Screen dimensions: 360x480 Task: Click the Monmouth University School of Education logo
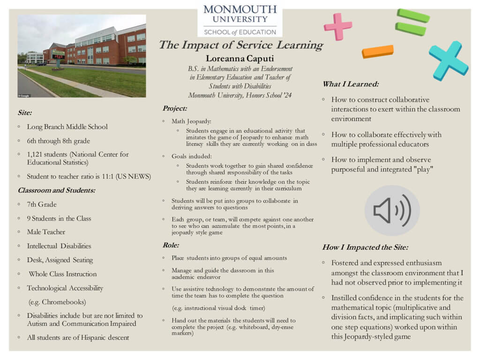click(240, 20)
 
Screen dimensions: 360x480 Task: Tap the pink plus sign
click(337, 26)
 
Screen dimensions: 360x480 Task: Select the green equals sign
click(412, 22)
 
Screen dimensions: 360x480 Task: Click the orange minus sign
click(377, 51)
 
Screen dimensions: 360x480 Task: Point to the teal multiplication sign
click(448, 60)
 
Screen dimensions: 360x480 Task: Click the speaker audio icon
click(392, 210)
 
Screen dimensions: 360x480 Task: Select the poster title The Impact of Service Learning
click(240, 45)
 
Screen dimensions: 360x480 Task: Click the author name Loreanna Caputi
click(240, 59)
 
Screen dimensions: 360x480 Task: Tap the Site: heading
click(25, 112)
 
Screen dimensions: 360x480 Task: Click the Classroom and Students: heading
click(56, 190)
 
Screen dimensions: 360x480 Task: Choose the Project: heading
click(175, 108)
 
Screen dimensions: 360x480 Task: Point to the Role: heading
click(171, 245)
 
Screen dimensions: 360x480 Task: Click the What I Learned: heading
click(351, 84)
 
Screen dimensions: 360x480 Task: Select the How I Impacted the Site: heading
click(365, 247)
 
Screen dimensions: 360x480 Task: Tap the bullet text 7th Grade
click(42, 204)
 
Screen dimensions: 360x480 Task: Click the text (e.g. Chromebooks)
click(57, 302)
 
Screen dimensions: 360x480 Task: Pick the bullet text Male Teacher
click(46, 232)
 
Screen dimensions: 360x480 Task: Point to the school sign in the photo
click(58, 55)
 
